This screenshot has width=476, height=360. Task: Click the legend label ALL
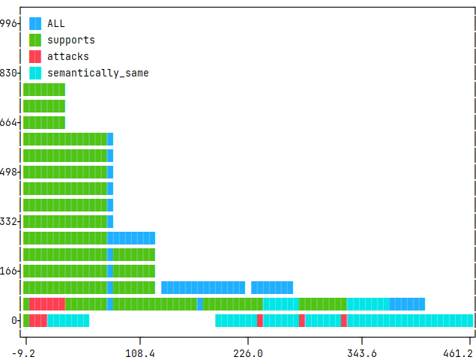(x=56, y=23)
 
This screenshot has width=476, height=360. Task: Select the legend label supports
(x=71, y=40)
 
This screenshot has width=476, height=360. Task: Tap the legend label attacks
(x=68, y=56)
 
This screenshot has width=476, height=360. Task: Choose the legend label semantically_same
(x=98, y=73)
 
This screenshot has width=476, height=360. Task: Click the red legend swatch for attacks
(x=35, y=56)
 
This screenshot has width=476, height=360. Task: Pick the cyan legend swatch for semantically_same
(x=35, y=73)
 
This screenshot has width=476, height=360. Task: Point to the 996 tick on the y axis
(x=8, y=23)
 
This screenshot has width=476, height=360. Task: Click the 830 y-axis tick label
(x=8, y=73)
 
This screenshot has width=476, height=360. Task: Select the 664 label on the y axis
(x=8, y=122)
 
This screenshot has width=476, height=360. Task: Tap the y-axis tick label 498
(x=8, y=172)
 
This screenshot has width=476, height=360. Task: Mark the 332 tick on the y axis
(x=8, y=221)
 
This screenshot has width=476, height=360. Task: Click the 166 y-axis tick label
(x=8, y=271)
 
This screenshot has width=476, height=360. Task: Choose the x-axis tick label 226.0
(x=248, y=352)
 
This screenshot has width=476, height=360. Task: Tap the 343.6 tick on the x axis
(x=362, y=352)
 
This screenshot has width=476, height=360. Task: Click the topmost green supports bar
(x=44, y=89)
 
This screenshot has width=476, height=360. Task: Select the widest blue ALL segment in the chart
(x=203, y=287)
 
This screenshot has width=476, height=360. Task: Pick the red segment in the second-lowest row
(x=47, y=304)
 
